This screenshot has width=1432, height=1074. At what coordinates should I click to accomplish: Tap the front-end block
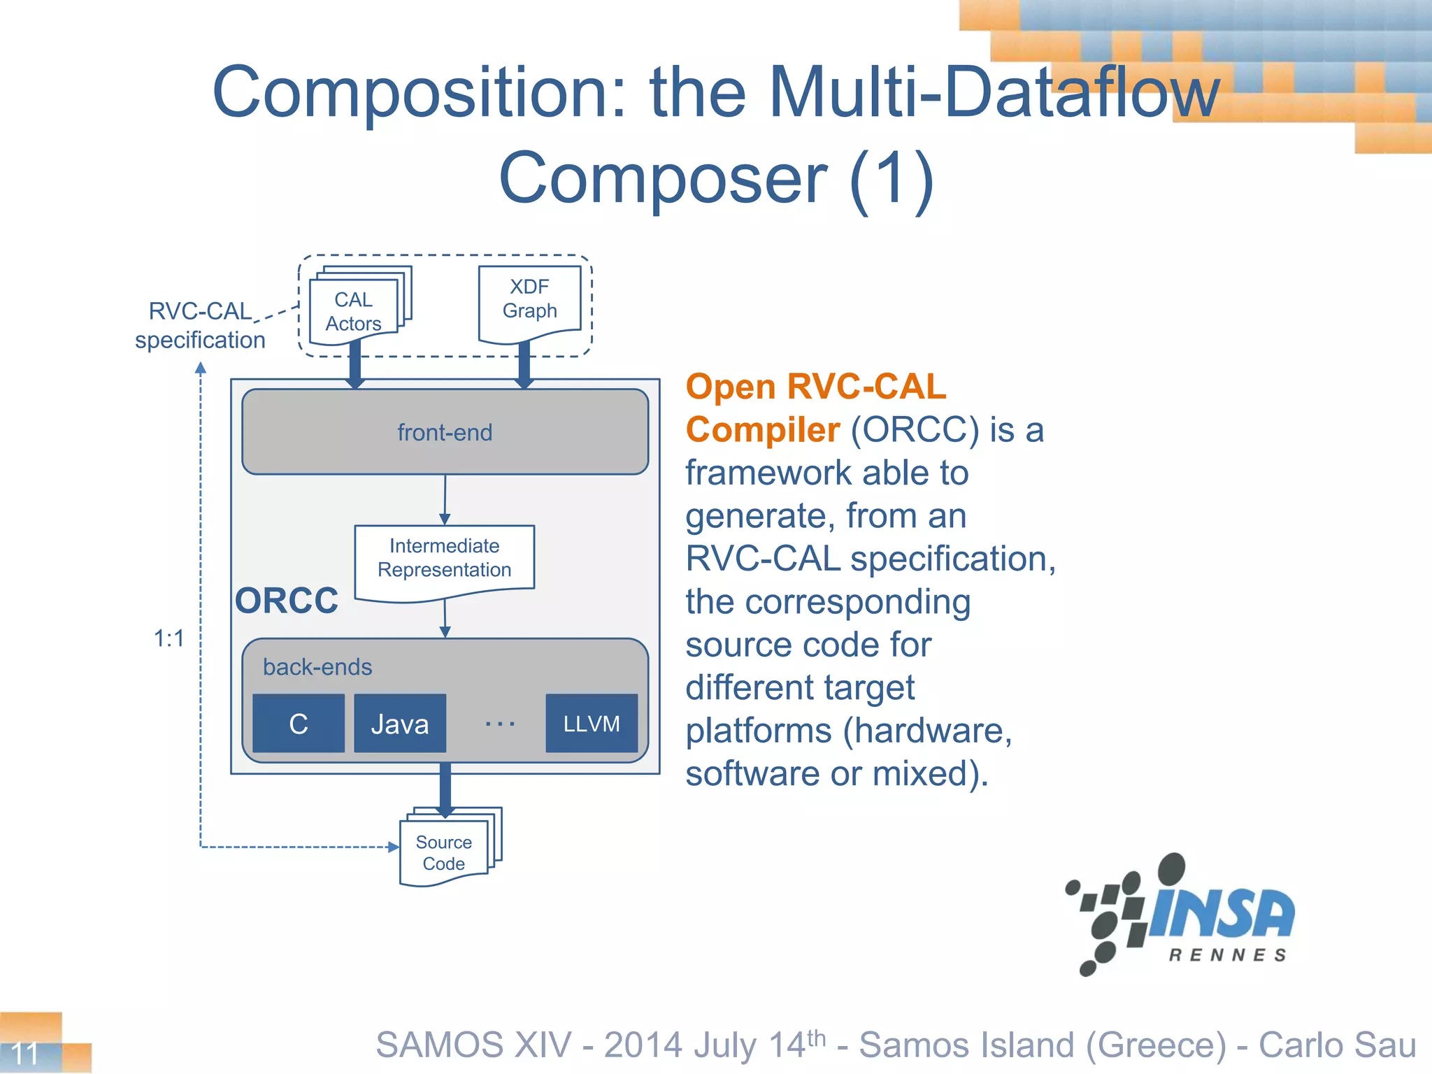(x=445, y=432)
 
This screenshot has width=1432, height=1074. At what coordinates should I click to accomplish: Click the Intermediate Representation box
(x=445, y=559)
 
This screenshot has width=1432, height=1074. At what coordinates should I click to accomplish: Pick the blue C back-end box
(x=299, y=724)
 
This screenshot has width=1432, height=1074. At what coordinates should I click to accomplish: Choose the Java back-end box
(x=400, y=724)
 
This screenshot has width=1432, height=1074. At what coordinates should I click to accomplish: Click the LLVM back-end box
(x=592, y=724)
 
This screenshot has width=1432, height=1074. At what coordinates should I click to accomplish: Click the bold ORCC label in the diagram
(x=287, y=601)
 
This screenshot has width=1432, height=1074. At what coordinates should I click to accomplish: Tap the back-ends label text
(x=317, y=667)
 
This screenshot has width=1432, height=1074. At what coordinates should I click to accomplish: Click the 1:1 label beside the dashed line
(x=169, y=638)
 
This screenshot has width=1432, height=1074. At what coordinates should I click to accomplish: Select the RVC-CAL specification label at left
(x=200, y=325)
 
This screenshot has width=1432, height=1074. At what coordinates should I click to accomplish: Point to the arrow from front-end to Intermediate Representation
(x=445, y=500)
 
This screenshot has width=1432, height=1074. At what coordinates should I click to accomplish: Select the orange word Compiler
(x=762, y=429)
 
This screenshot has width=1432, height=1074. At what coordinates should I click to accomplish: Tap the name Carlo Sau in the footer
(x=1337, y=1045)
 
